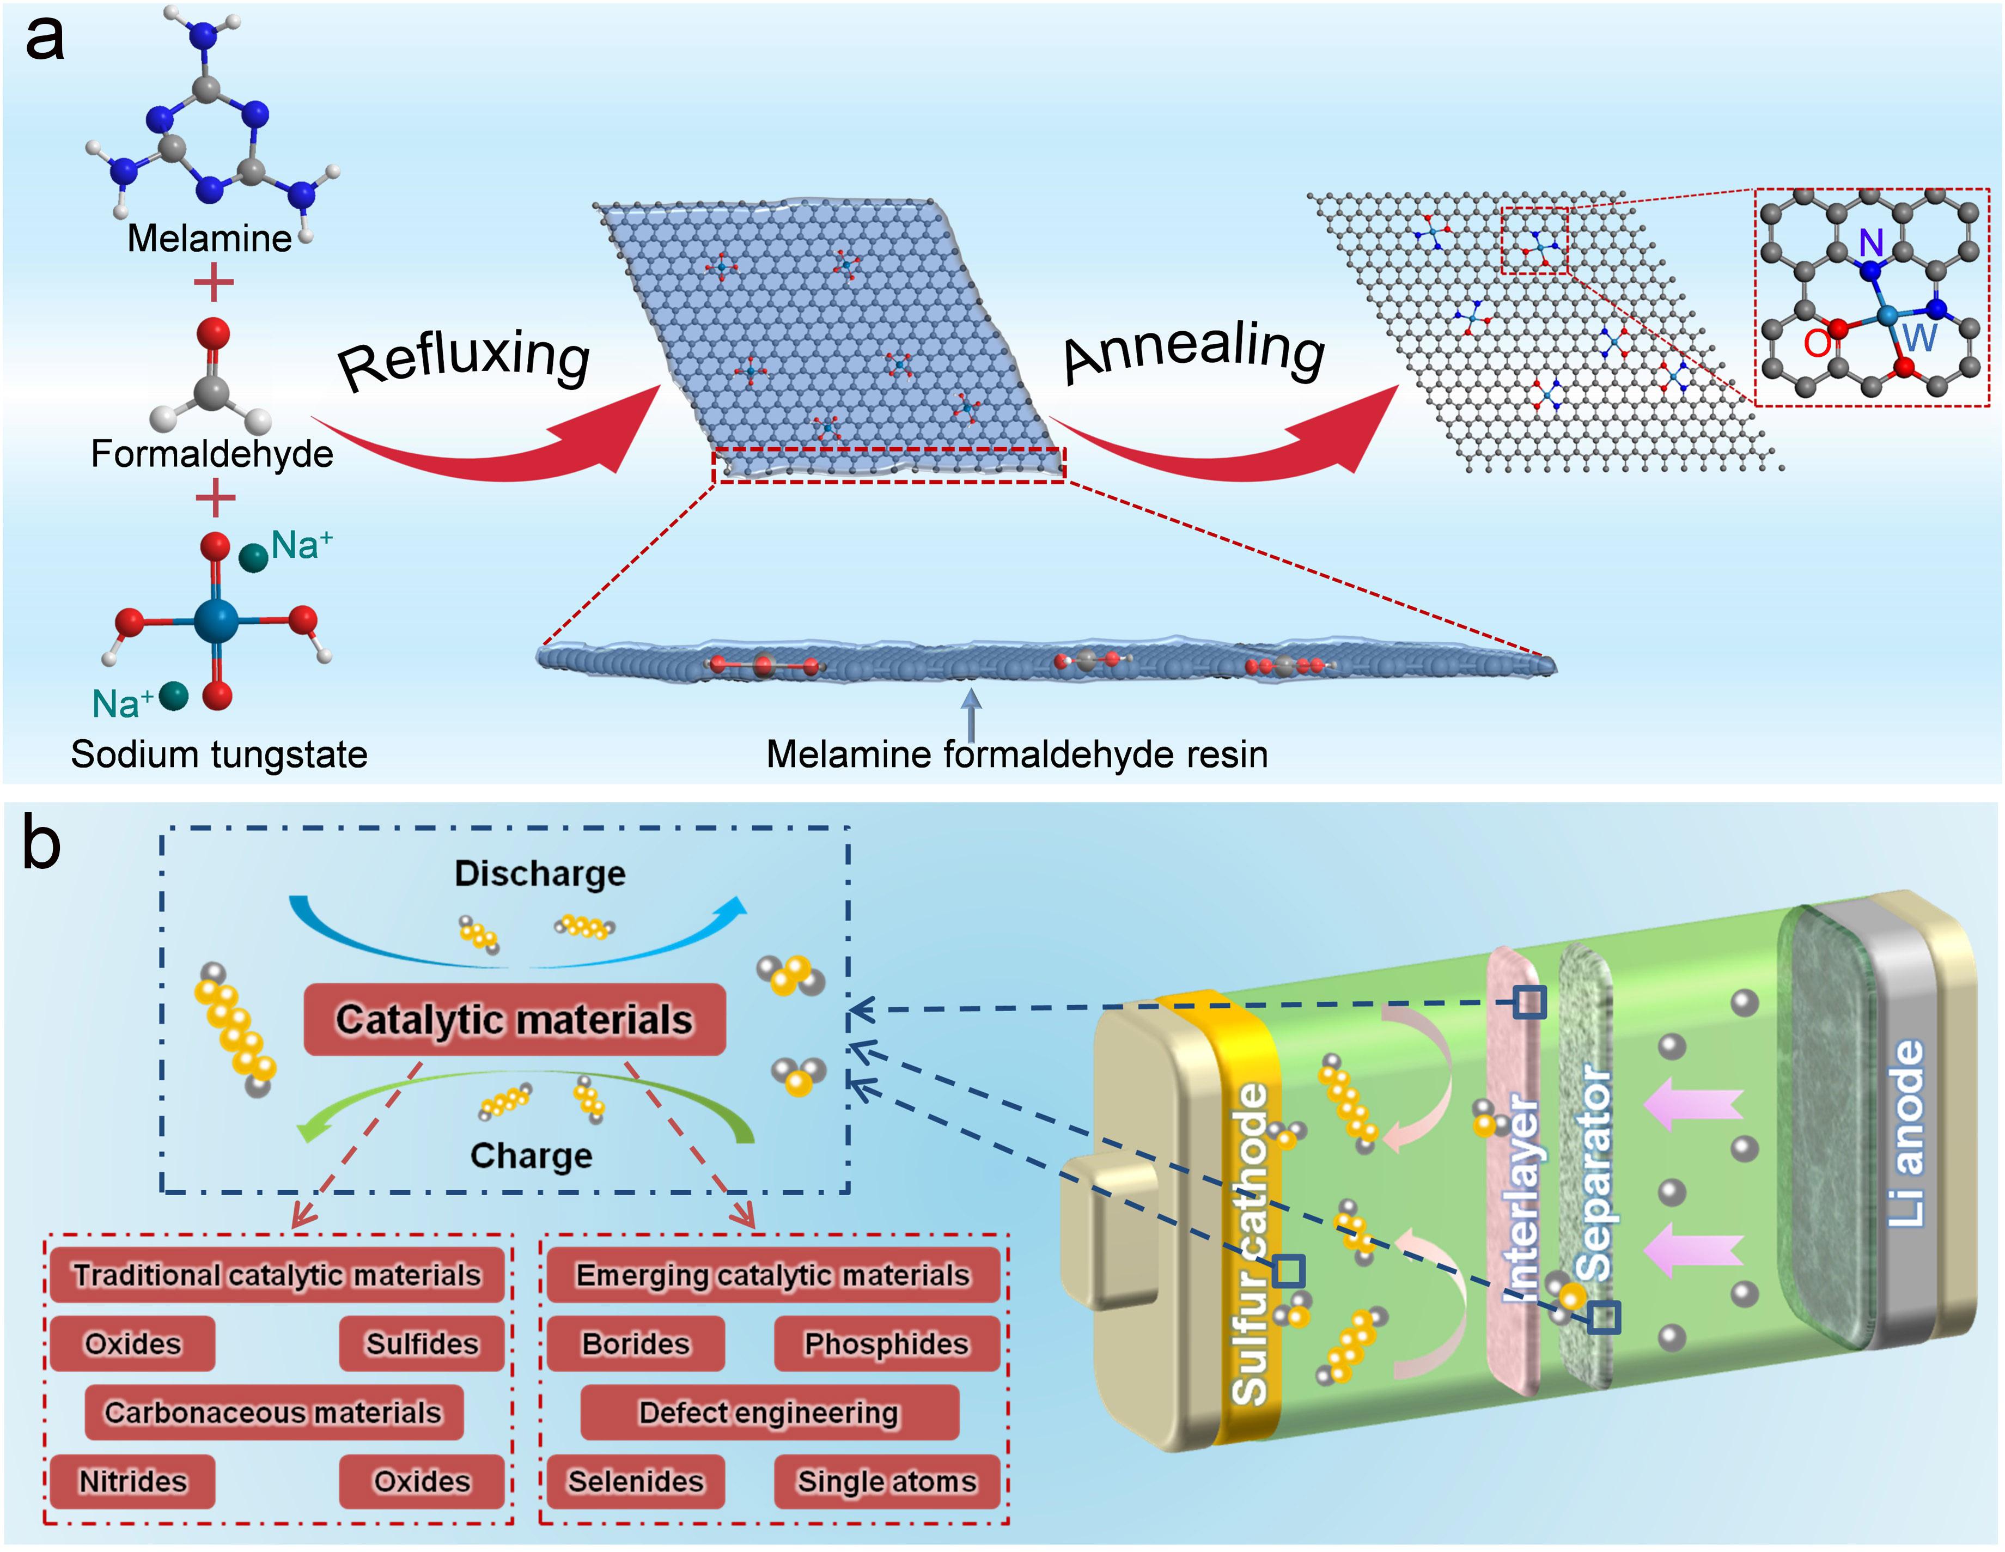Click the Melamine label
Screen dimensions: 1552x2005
click(209, 239)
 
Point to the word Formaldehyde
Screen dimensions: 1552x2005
click(212, 454)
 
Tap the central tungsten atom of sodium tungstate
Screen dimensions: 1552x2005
click(216, 622)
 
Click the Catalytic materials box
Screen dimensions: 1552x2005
click(514, 1019)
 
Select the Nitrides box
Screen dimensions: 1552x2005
click(132, 1481)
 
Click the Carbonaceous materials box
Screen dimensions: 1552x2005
click(273, 1413)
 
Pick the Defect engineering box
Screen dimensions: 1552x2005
click(769, 1413)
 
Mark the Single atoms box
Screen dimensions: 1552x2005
click(887, 1481)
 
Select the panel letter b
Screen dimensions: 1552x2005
click(41, 845)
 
